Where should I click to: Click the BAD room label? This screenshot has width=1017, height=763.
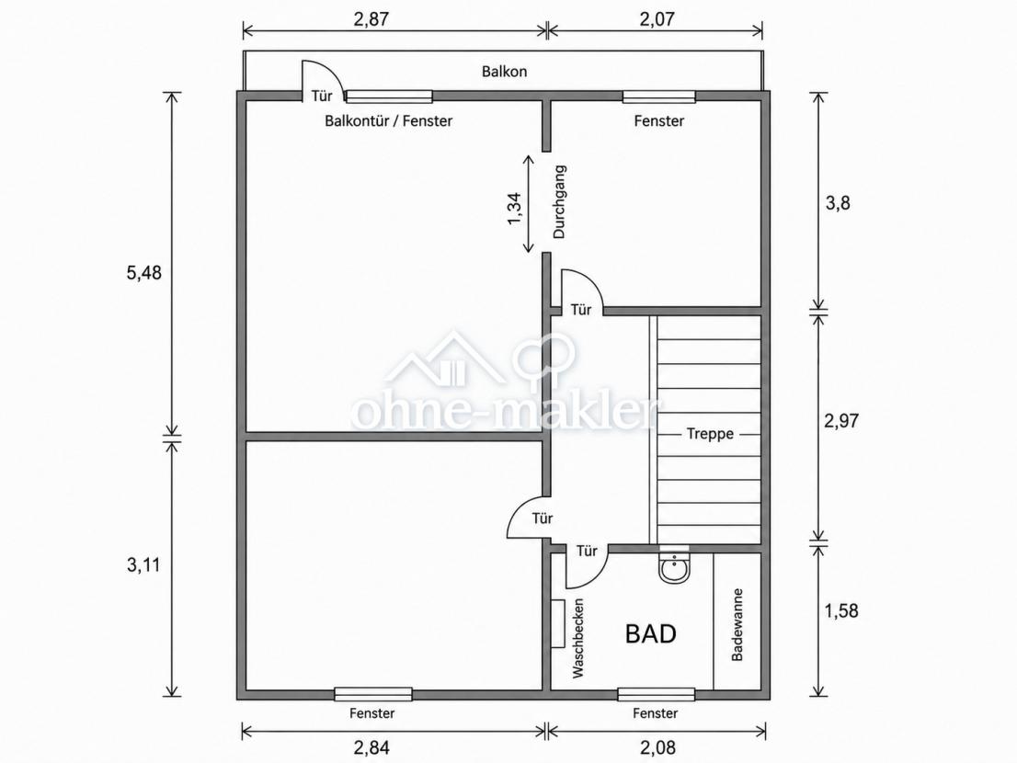(x=650, y=633)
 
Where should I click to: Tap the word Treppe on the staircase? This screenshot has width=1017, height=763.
(x=710, y=434)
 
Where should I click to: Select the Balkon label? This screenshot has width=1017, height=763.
(x=504, y=72)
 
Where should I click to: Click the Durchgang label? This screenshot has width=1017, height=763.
(x=559, y=201)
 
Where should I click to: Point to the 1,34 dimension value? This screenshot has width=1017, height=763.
(x=514, y=209)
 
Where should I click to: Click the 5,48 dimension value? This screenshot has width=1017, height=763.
(x=144, y=273)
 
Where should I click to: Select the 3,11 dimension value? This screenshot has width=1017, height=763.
(x=143, y=565)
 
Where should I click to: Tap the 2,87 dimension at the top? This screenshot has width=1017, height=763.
(x=371, y=18)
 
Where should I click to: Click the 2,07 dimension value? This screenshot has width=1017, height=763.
(x=657, y=18)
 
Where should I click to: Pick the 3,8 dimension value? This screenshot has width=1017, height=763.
(x=838, y=203)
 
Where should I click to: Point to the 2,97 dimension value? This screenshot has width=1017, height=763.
(x=841, y=421)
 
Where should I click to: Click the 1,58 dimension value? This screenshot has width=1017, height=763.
(x=841, y=610)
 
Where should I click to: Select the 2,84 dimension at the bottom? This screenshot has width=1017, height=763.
(x=371, y=747)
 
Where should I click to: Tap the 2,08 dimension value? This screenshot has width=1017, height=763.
(x=657, y=747)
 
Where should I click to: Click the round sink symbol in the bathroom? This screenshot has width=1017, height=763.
(x=675, y=571)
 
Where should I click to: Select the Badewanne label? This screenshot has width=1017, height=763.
(x=737, y=625)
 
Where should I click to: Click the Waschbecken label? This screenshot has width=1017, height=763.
(x=578, y=638)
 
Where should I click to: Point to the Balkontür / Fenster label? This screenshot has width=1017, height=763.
(x=389, y=120)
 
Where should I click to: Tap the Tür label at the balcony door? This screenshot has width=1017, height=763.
(x=322, y=96)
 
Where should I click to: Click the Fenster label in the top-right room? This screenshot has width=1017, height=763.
(x=659, y=120)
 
